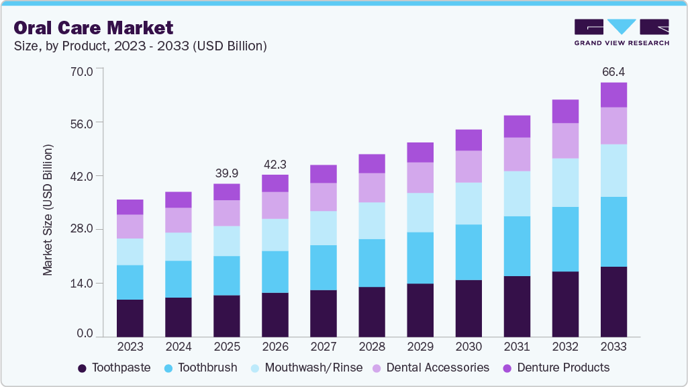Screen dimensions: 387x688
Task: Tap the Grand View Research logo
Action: pos(621,32)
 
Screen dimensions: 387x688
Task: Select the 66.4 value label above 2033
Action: pos(613,72)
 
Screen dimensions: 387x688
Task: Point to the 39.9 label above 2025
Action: pos(227,173)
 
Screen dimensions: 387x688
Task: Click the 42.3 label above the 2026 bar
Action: pos(275,164)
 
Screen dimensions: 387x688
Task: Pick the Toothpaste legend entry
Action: pos(114,368)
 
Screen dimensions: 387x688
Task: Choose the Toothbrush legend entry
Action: pos(201,368)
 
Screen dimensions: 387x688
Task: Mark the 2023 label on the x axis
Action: pos(130,347)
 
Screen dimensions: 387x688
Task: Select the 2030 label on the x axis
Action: pos(469,347)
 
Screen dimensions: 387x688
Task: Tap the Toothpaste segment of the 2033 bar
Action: pos(613,302)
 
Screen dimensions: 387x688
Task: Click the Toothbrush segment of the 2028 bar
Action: pos(372,263)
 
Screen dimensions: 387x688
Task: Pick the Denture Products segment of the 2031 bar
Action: pos(517,126)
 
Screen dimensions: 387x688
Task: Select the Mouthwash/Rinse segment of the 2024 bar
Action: pos(179,247)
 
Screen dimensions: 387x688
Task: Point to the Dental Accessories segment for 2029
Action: pos(420,177)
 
